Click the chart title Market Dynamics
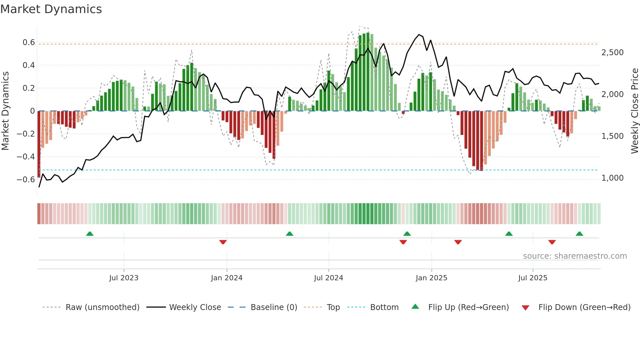tap(51, 9)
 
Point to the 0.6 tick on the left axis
tap(29, 42)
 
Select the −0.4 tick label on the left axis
tap(26, 157)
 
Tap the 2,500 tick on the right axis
tap(612, 53)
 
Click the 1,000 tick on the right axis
tap(612, 178)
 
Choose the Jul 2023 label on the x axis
tap(124, 278)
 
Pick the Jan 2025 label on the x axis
tap(431, 278)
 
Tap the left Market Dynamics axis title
tap(5, 111)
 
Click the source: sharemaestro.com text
tap(575, 256)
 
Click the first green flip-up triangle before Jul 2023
tap(90, 234)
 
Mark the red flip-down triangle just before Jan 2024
tap(223, 242)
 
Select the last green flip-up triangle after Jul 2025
tap(579, 234)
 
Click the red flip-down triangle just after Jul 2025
tap(552, 242)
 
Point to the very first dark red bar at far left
tap(39, 144)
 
